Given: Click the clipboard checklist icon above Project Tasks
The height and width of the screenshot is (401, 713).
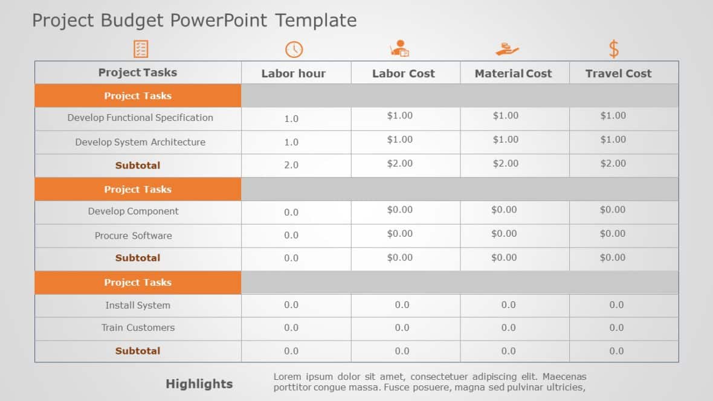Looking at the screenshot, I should (x=140, y=49).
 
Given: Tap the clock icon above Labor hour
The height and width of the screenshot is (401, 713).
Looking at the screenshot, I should (x=294, y=50).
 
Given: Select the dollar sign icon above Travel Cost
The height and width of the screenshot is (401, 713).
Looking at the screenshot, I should (x=613, y=49).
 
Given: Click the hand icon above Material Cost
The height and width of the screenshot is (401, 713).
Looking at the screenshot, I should (x=507, y=49).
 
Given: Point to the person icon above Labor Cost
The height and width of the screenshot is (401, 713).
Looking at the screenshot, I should (x=399, y=49).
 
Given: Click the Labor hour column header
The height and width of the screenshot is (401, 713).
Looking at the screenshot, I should (x=293, y=74).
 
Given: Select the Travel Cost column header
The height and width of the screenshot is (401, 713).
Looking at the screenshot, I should (x=618, y=74).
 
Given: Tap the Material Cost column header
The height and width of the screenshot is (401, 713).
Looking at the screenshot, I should (x=513, y=74).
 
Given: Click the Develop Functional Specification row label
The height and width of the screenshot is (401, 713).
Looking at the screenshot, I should (x=140, y=118).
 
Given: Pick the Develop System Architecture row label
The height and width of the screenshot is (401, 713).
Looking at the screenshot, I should (x=140, y=143).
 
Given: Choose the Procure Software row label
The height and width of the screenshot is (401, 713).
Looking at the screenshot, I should (x=133, y=236).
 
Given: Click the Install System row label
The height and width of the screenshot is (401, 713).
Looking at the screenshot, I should (x=138, y=306).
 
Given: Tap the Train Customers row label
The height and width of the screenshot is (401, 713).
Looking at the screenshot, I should (x=138, y=328).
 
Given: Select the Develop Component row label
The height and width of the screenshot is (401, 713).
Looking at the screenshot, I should (x=133, y=211).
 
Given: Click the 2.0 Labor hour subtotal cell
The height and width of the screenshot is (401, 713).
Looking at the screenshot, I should (x=291, y=165).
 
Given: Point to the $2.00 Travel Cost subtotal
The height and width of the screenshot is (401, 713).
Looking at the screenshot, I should (x=613, y=164).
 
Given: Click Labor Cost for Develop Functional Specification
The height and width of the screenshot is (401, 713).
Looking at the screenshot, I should (x=399, y=116).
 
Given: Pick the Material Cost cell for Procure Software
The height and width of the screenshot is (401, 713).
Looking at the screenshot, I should (x=504, y=234).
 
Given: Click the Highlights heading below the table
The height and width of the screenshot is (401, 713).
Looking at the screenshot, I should (x=199, y=384).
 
